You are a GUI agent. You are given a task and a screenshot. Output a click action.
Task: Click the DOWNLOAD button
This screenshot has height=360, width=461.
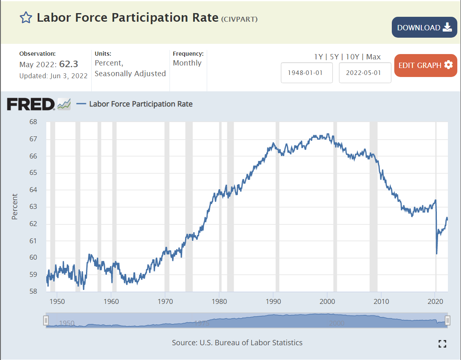pos(424,27)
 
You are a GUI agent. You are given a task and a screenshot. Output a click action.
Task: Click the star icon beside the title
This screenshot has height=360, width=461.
pos(26,18)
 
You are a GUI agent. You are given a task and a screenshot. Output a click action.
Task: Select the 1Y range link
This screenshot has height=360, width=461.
pos(319,57)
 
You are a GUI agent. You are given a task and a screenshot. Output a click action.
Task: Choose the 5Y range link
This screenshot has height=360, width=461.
pos(334,57)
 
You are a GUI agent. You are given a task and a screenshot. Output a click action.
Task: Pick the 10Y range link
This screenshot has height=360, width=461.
pos(352,57)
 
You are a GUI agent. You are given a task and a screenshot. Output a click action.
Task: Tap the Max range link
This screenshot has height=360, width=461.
pos(373,57)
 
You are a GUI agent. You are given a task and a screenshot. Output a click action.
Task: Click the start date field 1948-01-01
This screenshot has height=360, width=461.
pos(307,72)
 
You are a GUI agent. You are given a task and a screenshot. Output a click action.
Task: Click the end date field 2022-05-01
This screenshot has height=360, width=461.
pos(365,72)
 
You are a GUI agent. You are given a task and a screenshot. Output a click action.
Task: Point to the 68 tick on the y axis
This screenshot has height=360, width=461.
pos(33,122)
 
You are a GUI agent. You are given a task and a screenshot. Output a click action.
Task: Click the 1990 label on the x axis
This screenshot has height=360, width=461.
pos(273,302)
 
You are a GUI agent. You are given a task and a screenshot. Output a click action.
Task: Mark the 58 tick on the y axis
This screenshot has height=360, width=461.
pos(33,292)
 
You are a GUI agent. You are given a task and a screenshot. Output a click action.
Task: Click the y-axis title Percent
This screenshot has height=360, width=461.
pos(15,207)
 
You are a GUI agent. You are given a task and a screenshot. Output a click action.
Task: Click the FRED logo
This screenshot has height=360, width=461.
pos(31,104)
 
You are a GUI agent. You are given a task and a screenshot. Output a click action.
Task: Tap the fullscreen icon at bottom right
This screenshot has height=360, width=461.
pos(442,344)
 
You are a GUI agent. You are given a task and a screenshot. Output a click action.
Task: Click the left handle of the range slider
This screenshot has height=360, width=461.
pos(46,320)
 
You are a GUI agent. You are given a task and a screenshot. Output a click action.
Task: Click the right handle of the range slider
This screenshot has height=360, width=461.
pos(447,320)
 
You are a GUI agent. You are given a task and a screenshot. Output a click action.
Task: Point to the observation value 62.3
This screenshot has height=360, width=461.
pos(69,64)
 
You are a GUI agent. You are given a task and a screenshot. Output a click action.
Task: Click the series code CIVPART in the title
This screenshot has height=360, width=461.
pos(240,19)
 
